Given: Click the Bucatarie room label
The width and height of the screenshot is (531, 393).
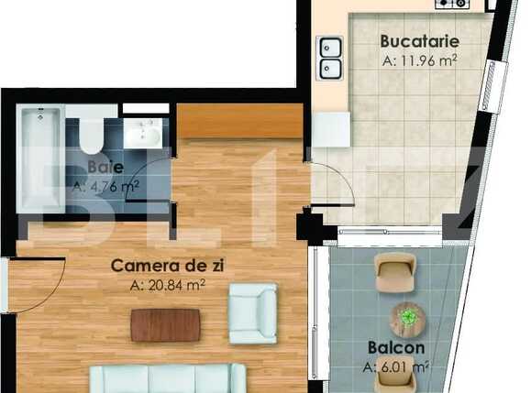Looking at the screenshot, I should pyautogui.click(x=420, y=42).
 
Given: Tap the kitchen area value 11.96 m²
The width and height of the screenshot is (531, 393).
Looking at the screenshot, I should pyautogui.click(x=419, y=61).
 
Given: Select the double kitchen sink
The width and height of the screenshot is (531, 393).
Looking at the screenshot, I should pyautogui.click(x=330, y=57).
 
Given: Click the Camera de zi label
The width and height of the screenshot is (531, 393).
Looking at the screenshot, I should pyautogui.click(x=168, y=266).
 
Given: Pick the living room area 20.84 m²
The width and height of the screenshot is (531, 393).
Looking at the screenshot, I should pyautogui.click(x=168, y=285).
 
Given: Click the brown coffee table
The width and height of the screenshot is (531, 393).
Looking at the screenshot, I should pyautogui.click(x=165, y=325).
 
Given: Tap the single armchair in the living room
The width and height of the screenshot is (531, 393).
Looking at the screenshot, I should pyautogui.click(x=252, y=313).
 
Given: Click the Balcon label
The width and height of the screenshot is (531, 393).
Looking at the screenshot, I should pyautogui.click(x=395, y=348).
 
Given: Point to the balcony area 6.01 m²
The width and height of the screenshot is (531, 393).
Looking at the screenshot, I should pyautogui.click(x=395, y=367).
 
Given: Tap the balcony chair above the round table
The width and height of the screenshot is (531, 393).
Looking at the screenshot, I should pyautogui.click(x=395, y=271).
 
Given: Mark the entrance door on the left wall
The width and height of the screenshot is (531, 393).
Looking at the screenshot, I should pyautogui.click(x=37, y=284).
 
